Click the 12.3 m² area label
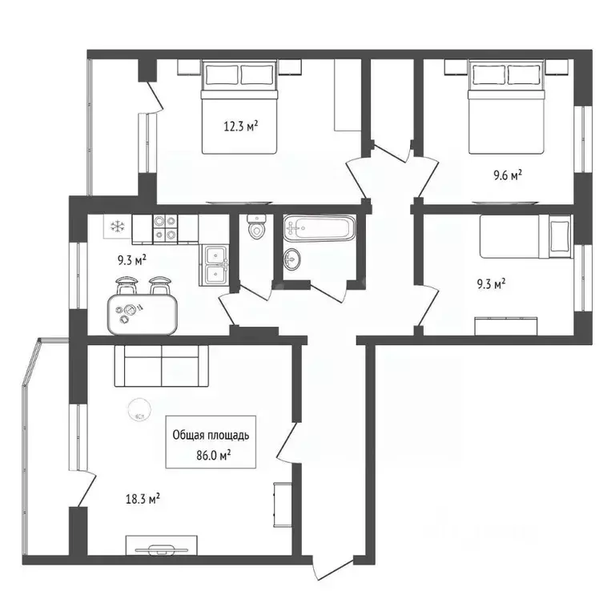(239, 126)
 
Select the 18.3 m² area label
(143, 498)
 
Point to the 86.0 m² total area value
(214, 454)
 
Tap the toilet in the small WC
(256, 228)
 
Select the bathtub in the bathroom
(317, 228)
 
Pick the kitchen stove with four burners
(165, 228)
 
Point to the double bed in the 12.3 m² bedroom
(239, 108)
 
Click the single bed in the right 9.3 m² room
(525, 237)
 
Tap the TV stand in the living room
(163, 548)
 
